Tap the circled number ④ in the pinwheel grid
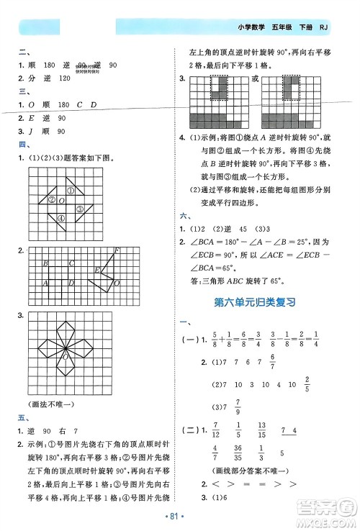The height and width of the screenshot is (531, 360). [x=62, y=219]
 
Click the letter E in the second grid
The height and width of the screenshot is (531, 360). [x=98, y=271]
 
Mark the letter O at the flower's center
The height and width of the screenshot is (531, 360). [x=66, y=356]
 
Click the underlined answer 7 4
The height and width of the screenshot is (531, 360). [x=289, y=430]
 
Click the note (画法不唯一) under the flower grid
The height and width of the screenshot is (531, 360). [x=50, y=405]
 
